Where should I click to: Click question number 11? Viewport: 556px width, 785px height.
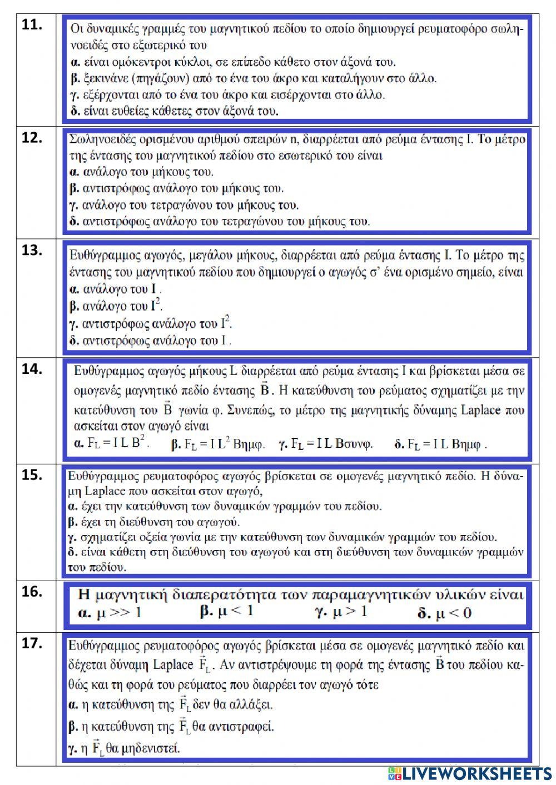click(x=32, y=25)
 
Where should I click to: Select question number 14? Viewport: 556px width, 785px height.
click(x=32, y=369)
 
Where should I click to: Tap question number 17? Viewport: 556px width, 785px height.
click(x=32, y=643)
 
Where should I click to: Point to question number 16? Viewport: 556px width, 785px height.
click(x=32, y=592)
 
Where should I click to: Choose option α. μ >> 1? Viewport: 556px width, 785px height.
click(x=110, y=613)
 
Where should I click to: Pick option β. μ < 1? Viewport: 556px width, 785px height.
click(x=226, y=612)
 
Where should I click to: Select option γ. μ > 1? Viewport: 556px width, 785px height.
click(x=341, y=612)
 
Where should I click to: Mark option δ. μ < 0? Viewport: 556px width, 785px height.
click(x=445, y=613)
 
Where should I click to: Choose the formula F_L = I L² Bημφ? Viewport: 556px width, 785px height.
click(x=218, y=444)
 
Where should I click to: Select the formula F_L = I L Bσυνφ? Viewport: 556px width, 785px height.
click(x=326, y=444)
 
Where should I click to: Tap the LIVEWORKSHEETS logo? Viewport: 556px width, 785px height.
click(x=470, y=773)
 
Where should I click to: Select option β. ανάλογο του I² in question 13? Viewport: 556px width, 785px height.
click(x=116, y=306)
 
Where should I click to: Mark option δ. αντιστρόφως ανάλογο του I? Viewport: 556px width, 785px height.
click(x=150, y=340)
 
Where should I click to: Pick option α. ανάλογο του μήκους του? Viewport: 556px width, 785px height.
click(x=142, y=172)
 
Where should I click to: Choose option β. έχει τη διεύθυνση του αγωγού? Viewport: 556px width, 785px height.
click(x=154, y=522)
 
